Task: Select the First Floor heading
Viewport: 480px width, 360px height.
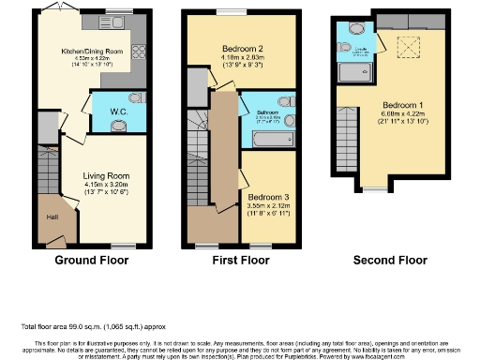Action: [241, 260]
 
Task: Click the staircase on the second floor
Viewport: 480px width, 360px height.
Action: [344, 141]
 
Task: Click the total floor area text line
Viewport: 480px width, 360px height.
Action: [93, 326]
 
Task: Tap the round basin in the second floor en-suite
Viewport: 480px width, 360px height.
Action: [346, 45]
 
